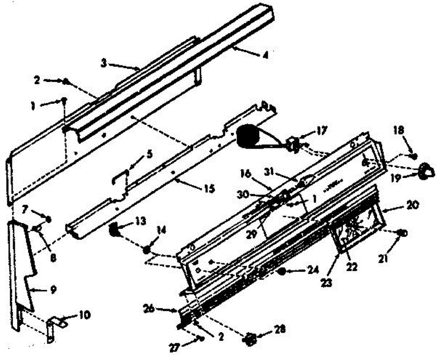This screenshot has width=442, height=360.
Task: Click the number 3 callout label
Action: click(x=104, y=63)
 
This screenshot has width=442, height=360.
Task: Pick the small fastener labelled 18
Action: click(x=414, y=156)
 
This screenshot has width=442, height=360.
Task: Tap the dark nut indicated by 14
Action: click(x=147, y=250)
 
